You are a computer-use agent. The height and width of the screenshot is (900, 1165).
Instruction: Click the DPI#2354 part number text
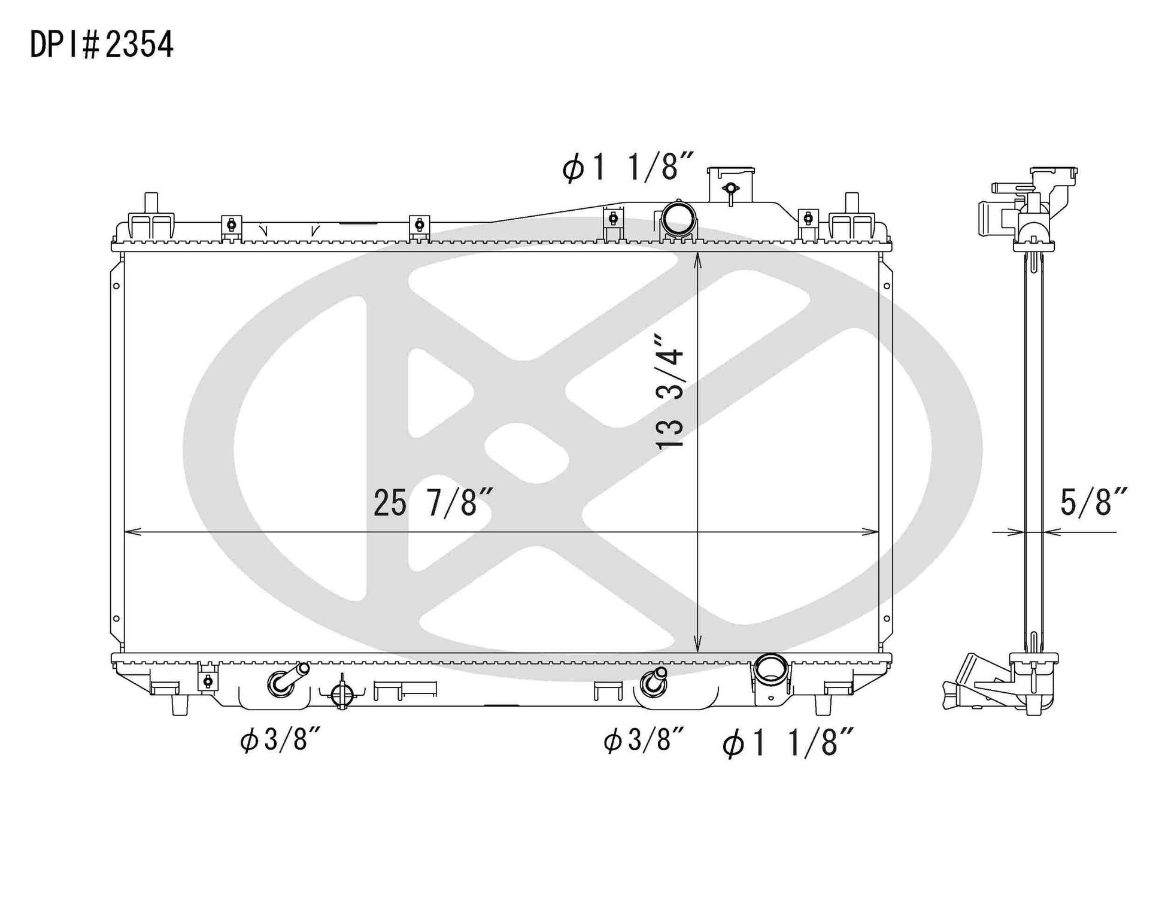point(102,44)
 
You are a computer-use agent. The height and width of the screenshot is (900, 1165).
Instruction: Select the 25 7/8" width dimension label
point(433,502)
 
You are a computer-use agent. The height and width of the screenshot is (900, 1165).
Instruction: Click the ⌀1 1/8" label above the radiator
point(628,166)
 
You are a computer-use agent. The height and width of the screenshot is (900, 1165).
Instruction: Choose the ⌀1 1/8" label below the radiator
point(788,743)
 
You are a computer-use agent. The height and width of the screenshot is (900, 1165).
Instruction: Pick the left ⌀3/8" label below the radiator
point(281,741)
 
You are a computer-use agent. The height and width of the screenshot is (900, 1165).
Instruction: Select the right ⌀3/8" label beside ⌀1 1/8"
point(644,741)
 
